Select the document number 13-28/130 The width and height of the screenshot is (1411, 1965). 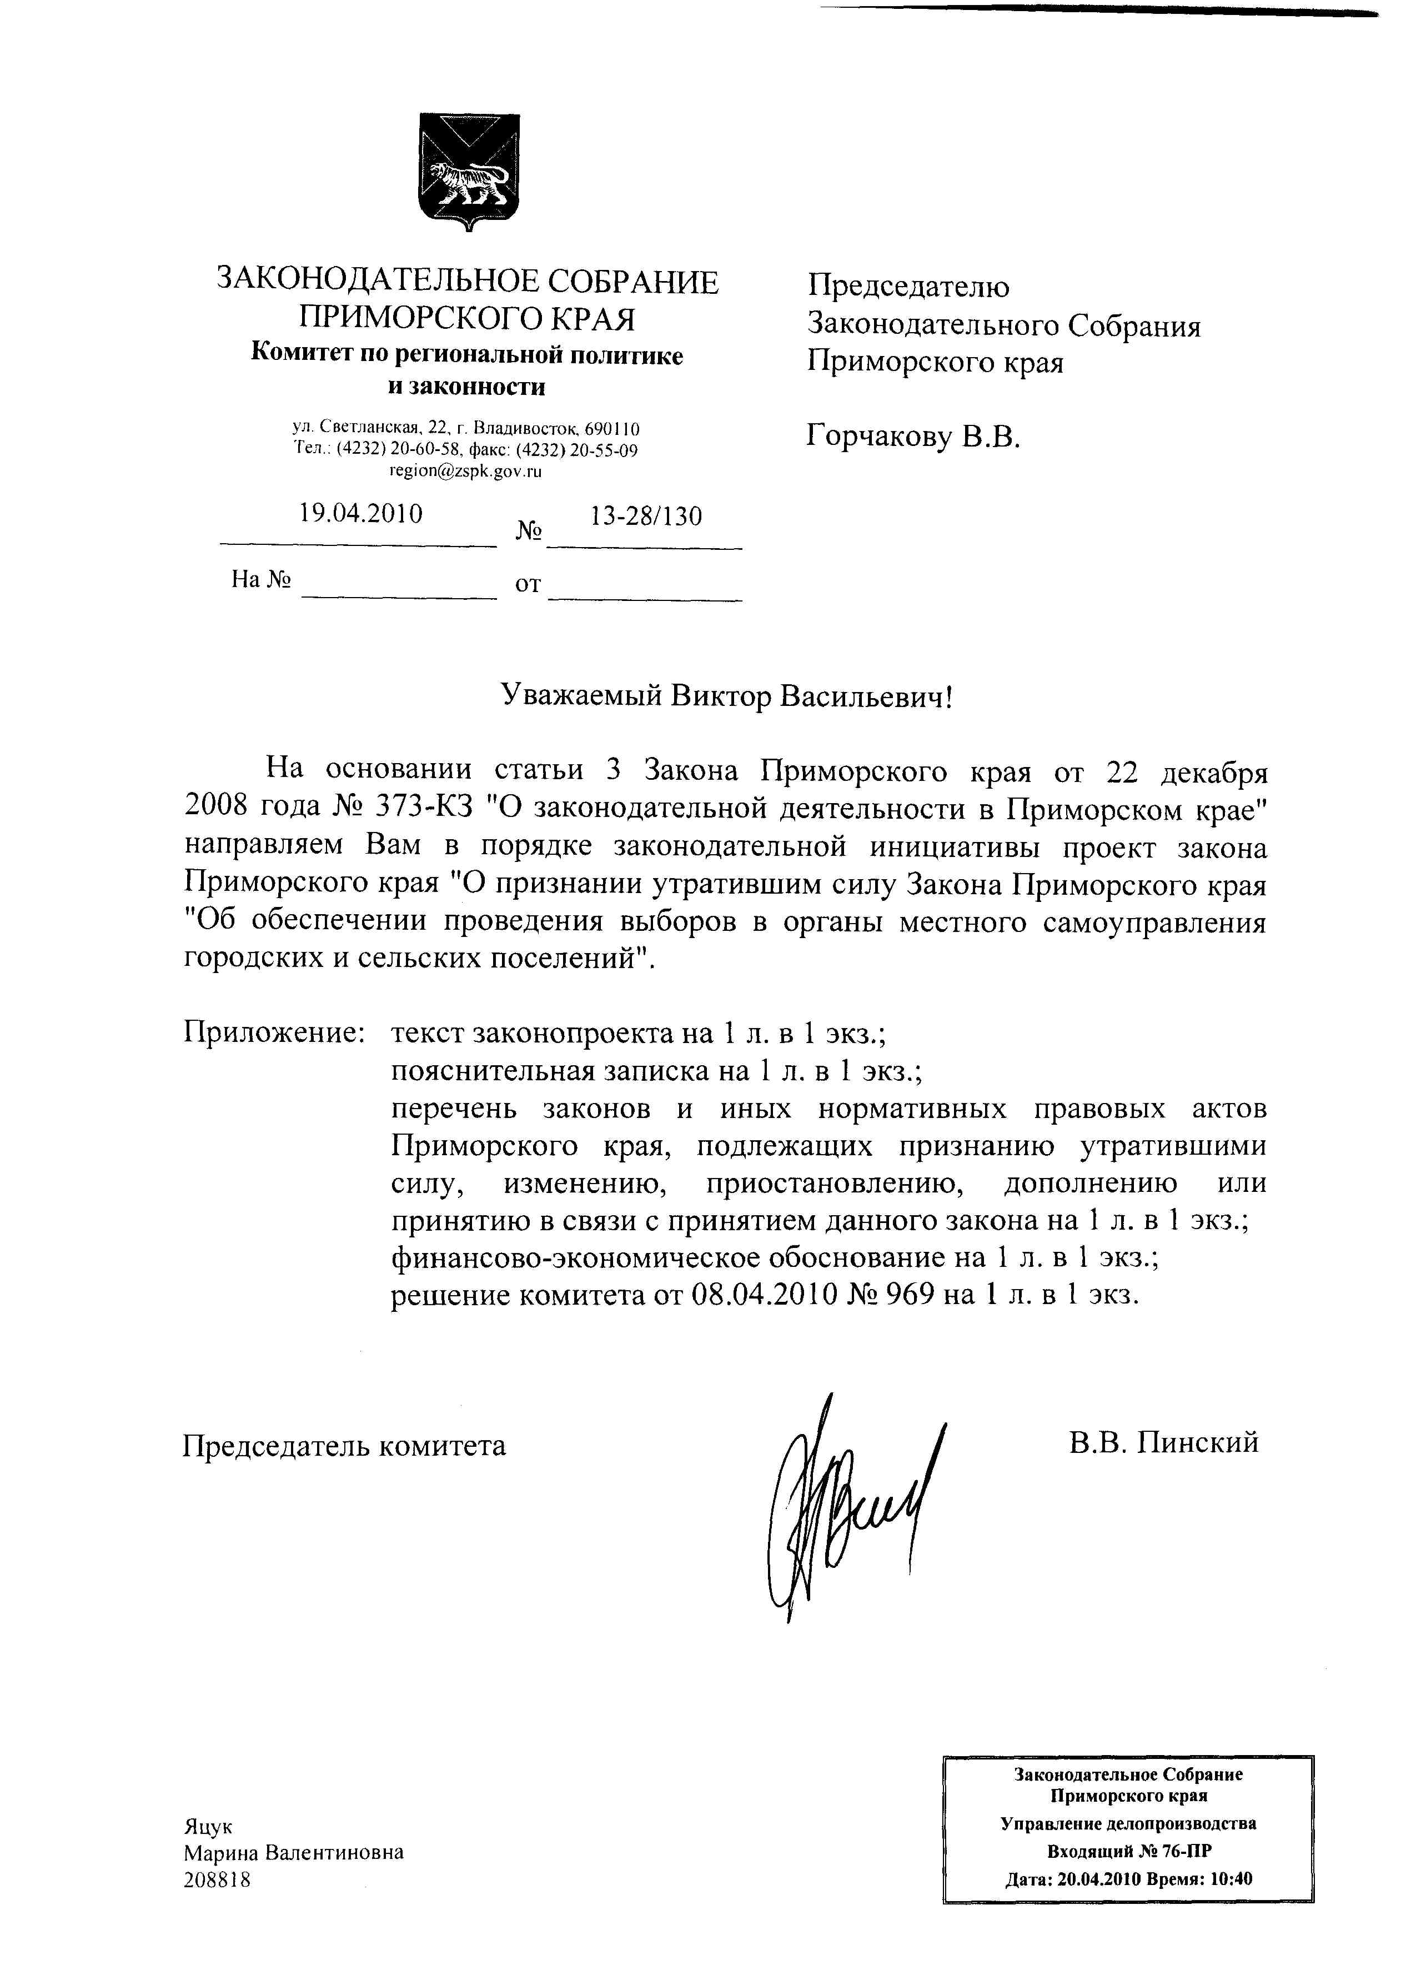(x=645, y=517)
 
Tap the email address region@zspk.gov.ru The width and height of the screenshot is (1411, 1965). (x=465, y=472)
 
